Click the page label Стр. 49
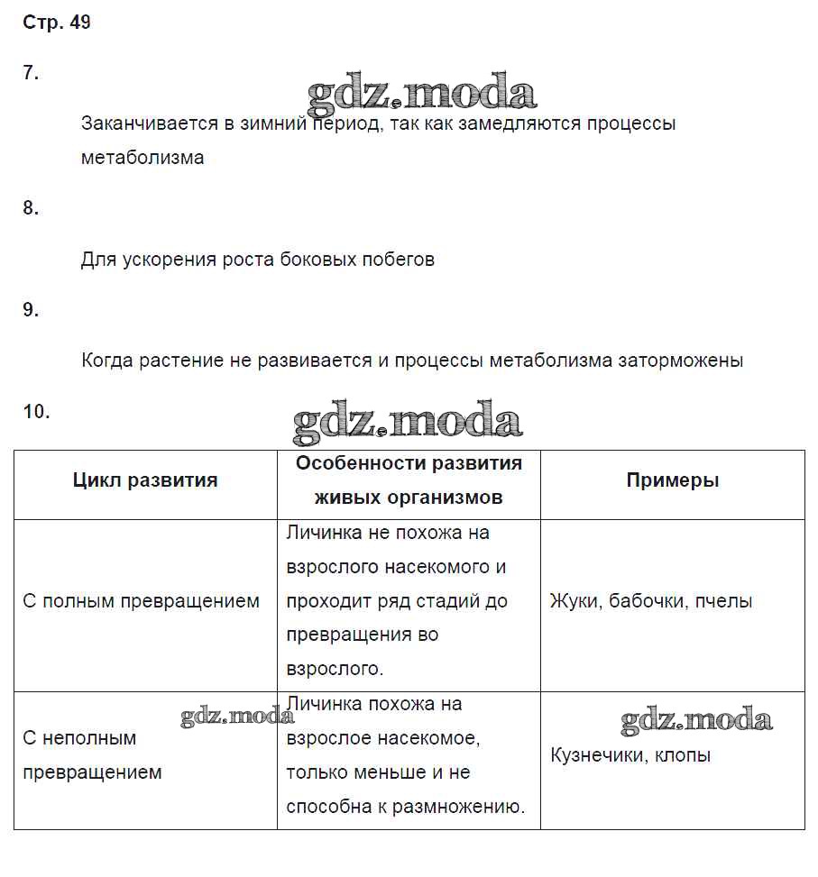[x=56, y=23]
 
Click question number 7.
[x=31, y=74]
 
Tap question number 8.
[x=31, y=208]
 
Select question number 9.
[x=31, y=310]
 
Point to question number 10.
[x=36, y=412]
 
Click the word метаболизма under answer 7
[x=142, y=158]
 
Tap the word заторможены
[x=680, y=361]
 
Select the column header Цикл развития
[x=145, y=480]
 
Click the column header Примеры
[x=673, y=480]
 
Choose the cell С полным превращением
[x=141, y=601]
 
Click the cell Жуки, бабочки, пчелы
[x=651, y=601]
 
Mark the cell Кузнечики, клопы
[x=630, y=755]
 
